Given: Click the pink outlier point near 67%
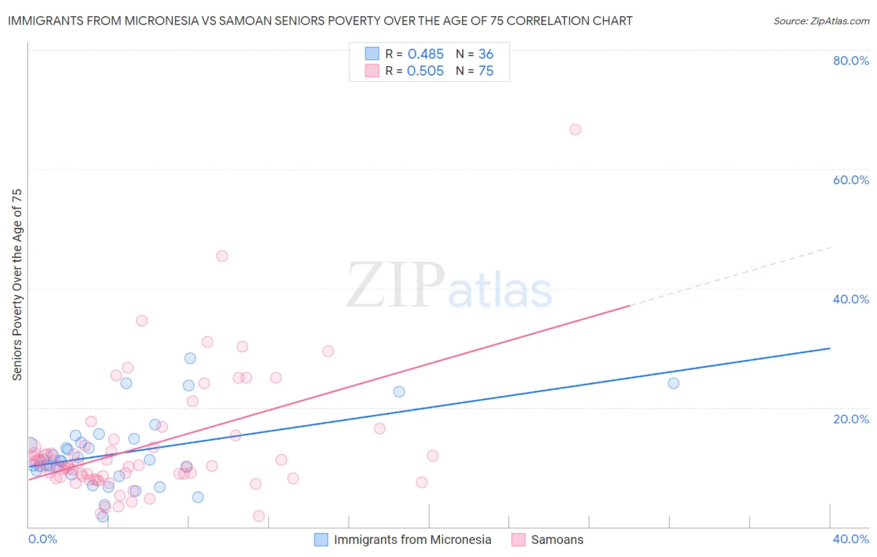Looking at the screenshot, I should [575, 130].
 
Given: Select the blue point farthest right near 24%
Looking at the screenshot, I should [674, 383].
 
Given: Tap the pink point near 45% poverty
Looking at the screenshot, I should [222, 256].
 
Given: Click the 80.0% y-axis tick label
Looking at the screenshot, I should [851, 61].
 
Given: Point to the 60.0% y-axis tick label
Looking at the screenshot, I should [851, 180].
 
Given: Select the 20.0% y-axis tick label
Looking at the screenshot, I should [851, 419].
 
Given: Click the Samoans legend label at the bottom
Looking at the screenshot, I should [557, 540].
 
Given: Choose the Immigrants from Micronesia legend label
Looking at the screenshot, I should [412, 540].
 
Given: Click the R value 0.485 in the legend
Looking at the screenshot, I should [425, 54].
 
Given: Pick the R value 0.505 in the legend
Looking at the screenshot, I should [425, 71].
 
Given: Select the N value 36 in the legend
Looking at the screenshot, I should [486, 54].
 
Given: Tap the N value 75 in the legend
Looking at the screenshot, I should [486, 71].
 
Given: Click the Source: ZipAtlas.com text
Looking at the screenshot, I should [821, 21].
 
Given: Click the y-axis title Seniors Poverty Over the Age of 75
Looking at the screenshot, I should [17, 285].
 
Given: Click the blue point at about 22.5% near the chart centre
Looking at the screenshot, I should [399, 392].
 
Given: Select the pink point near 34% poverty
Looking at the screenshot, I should [142, 321].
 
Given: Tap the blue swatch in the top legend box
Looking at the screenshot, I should [372, 54].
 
